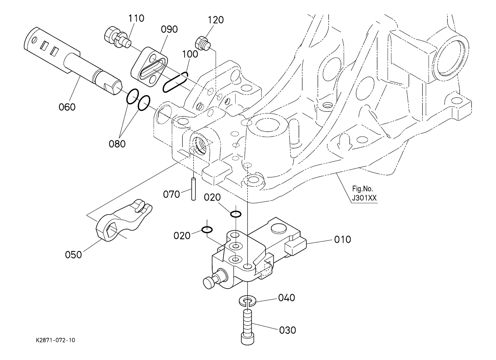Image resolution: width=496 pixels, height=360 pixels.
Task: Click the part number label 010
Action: [342, 239]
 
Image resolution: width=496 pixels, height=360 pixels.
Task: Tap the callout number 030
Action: [287, 330]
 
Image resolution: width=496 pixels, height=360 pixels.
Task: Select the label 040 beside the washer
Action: [286, 298]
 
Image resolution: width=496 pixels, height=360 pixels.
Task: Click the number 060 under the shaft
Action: [67, 107]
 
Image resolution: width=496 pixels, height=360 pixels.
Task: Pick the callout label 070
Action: [171, 194]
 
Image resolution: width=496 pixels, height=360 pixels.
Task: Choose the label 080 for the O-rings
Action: [117, 143]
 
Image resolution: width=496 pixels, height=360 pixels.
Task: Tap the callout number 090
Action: [169, 29]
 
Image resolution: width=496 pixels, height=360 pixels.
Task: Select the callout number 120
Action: [215, 20]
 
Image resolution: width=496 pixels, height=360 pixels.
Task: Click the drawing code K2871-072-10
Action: [55, 340]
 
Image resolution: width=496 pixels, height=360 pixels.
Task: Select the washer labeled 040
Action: [248, 300]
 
